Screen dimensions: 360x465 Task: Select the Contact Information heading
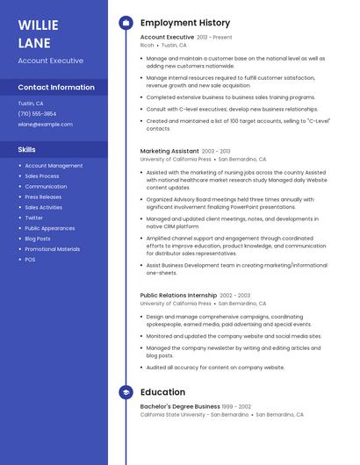(56, 88)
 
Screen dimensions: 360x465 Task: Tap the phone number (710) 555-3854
(37, 114)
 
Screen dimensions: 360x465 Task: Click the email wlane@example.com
(45, 125)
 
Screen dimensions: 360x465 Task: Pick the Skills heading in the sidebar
(26, 150)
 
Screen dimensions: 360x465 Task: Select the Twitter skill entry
(33, 218)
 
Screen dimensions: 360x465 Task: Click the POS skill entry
(30, 260)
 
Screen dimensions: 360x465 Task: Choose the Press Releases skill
(43, 197)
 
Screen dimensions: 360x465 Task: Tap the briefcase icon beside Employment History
(126, 23)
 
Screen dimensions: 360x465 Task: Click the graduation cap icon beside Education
(126, 392)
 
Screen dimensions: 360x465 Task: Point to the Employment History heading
(185, 23)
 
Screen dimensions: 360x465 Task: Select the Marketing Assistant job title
(169, 151)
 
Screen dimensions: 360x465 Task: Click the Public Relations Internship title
(178, 296)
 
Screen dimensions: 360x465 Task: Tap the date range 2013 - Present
(214, 38)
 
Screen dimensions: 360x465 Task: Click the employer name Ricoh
(147, 45)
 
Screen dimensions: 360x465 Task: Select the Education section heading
(162, 392)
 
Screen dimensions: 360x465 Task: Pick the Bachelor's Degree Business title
(180, 406)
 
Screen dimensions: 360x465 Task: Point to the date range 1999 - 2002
(237, 407)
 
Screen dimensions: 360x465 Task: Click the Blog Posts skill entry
(38, 239)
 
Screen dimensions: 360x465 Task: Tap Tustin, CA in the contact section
(31, 104)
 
